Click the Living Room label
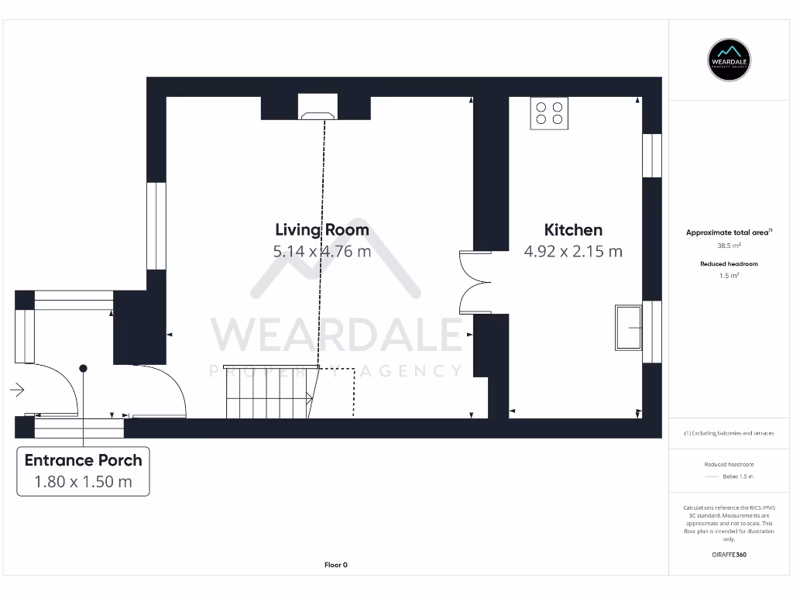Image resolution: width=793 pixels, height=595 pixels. coord(322,229)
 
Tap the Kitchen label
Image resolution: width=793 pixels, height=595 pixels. coord(573,229)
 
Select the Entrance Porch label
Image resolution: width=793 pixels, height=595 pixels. coord(83,459)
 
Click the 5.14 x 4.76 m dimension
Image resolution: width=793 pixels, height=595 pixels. coord(322,251)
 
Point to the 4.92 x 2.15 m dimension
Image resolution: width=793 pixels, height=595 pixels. coord(573,251)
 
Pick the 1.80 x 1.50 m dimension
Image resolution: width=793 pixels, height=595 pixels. coord(83,481)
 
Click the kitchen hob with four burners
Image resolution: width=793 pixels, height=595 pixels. coord(549,113)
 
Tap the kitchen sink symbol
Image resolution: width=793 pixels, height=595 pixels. coord(628,328)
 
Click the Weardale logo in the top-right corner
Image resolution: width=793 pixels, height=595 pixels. coord(730,60)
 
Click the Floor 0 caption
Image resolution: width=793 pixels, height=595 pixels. coord(335,565)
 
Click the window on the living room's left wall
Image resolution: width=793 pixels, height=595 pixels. coord(156,225)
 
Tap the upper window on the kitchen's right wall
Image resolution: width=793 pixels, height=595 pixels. coord(653,155)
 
